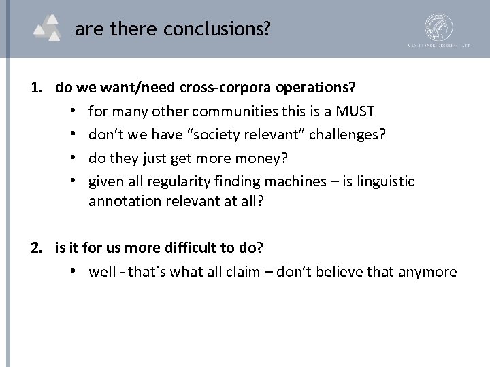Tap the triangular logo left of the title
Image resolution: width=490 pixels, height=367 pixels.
point(50,29)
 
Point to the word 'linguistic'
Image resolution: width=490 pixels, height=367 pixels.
point(385,181)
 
